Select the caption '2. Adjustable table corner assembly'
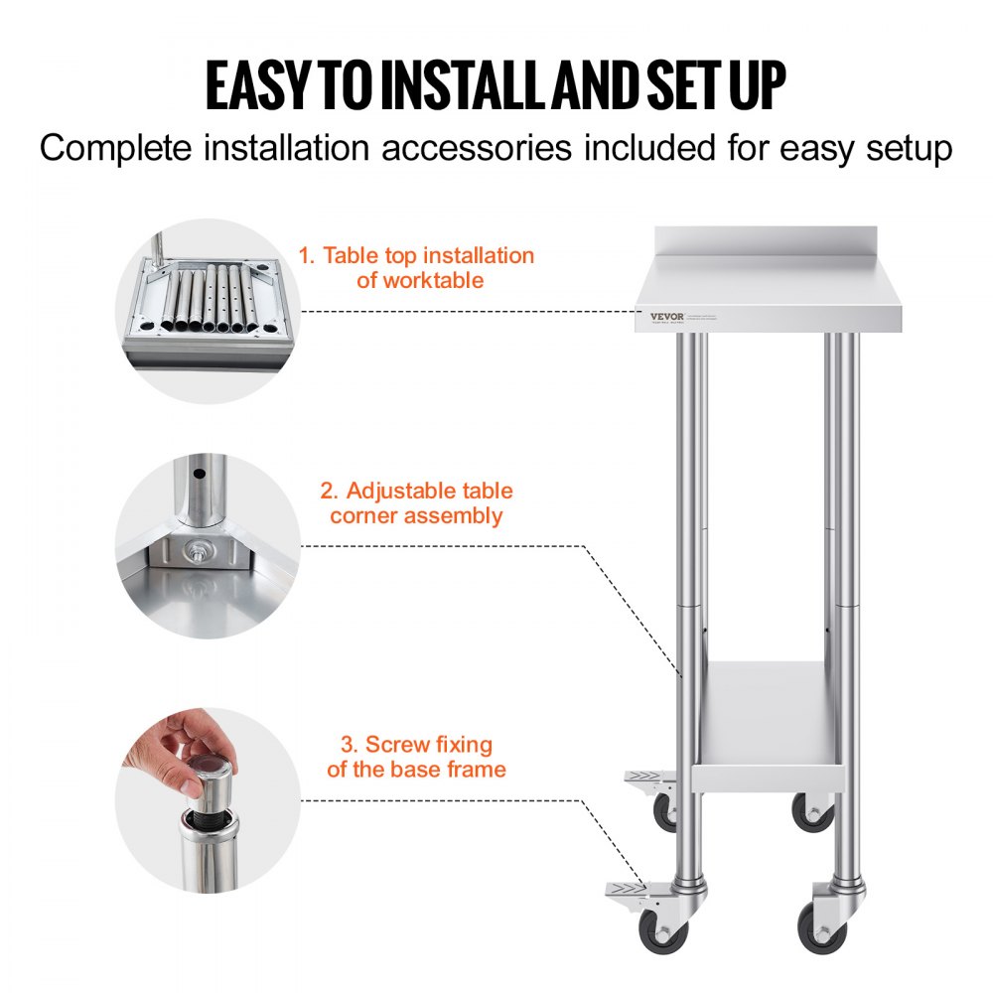(x=416, y=502)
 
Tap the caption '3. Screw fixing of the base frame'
(x=416, y=756)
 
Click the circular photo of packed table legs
(x=209, y=310)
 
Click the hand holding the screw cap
(x=169, y=750)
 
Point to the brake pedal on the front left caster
(x=625, y=892)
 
